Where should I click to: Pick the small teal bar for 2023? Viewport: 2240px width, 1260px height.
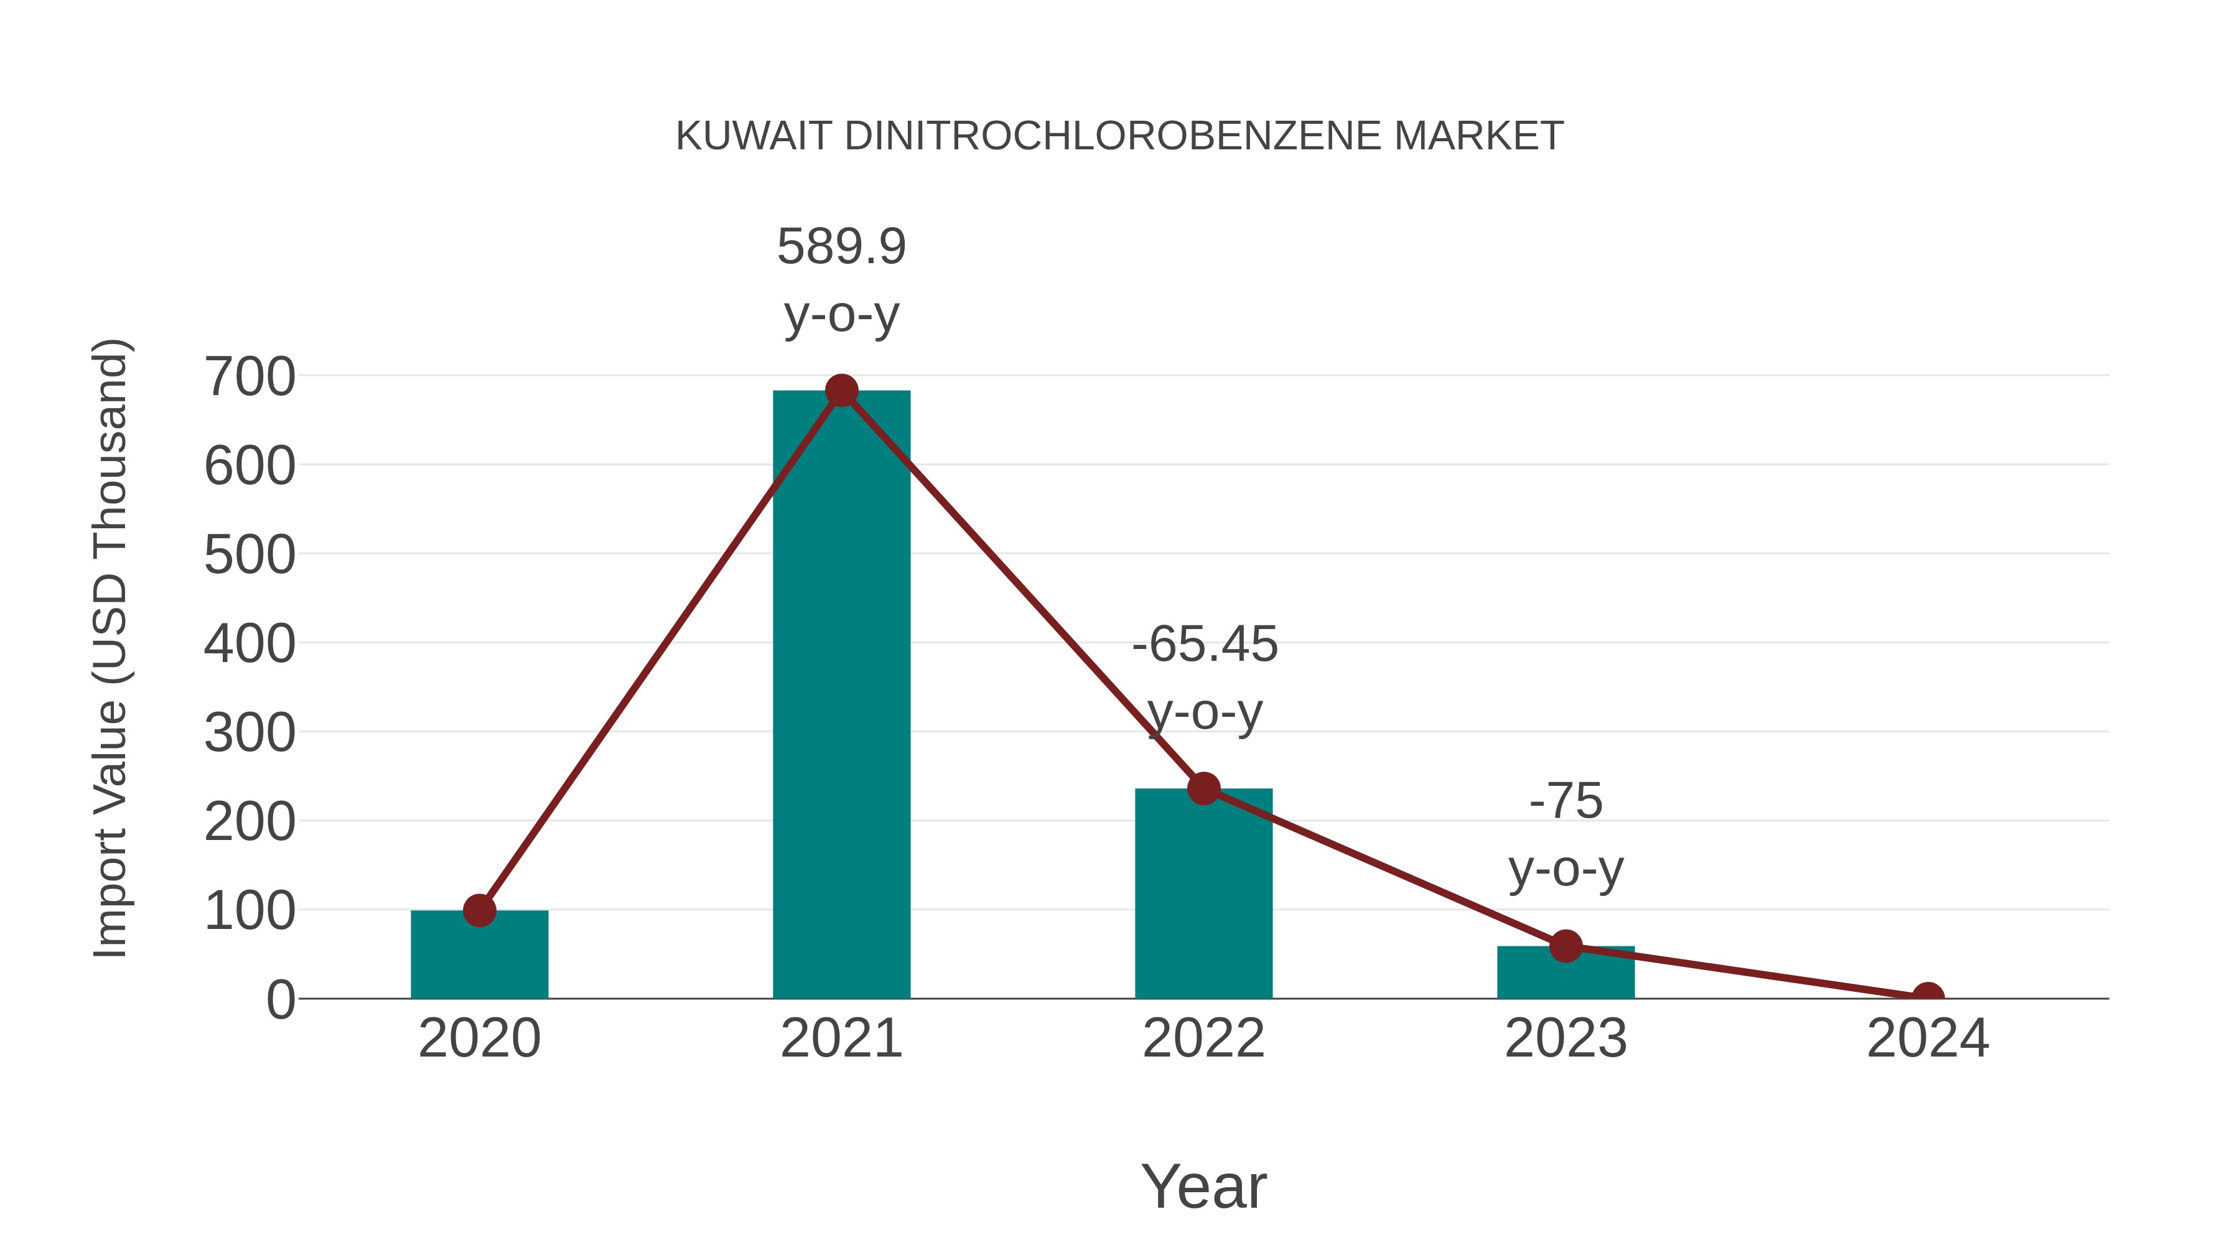pos(1566,974)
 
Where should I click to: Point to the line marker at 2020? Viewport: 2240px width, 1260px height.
pos(479,910)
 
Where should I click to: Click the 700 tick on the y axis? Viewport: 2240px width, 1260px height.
pos(250,378)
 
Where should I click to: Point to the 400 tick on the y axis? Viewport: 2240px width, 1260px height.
pos(250,645)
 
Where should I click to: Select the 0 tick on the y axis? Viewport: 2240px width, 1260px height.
pos(280,999)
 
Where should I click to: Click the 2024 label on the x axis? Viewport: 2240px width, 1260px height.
pos(1928,1038)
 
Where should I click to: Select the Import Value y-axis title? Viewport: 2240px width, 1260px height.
pos(111,648)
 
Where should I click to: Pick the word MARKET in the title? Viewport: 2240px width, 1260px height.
pos(1479,136)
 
